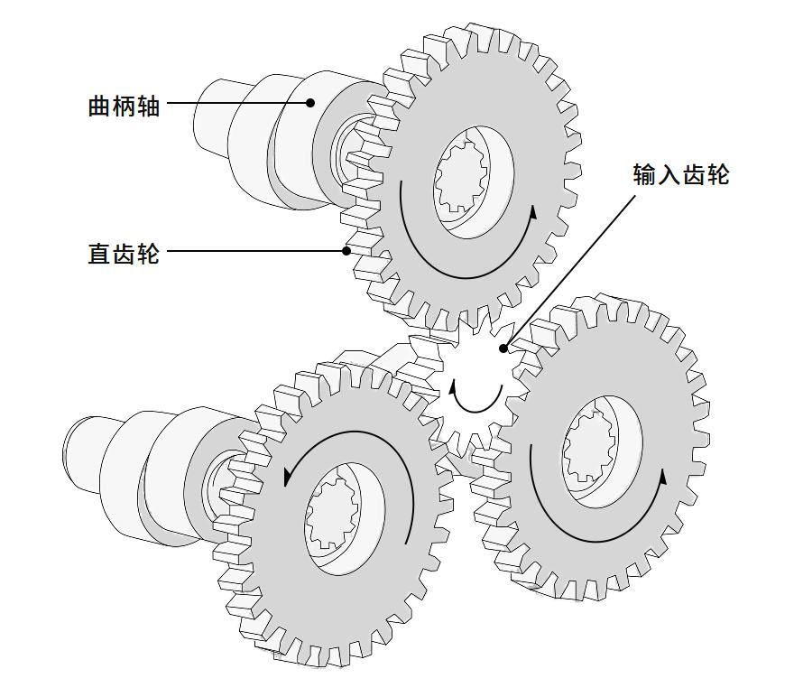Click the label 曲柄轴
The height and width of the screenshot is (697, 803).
(x=124, y=106)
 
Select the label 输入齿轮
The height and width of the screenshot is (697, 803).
(x=680, y=174)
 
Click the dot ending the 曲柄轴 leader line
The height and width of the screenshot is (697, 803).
(x=310, y=103)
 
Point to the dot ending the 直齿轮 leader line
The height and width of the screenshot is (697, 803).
(x=346, y=251)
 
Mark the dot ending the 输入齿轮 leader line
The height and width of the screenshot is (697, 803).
(x=503, y=348)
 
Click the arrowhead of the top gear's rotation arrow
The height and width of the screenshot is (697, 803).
(x=533, y=213)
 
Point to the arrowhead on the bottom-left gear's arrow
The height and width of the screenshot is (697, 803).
(x=288, y=476)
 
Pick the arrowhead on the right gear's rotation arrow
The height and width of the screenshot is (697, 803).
(x=665, y=476)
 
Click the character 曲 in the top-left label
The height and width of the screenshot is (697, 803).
(x=99, y=106)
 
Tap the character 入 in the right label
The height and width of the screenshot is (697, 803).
(x=669, y=174)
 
